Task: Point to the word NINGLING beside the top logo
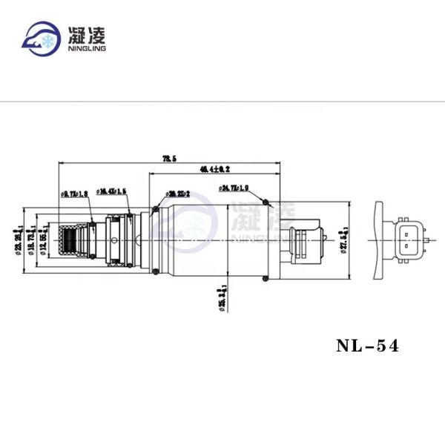tap(88, 49)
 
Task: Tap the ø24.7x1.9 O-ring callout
tap(234, 190)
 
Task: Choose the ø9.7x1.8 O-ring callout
tap(75, 194)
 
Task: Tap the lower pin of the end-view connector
tap(406, 246)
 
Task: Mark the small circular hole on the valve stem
tap(114, 240)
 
